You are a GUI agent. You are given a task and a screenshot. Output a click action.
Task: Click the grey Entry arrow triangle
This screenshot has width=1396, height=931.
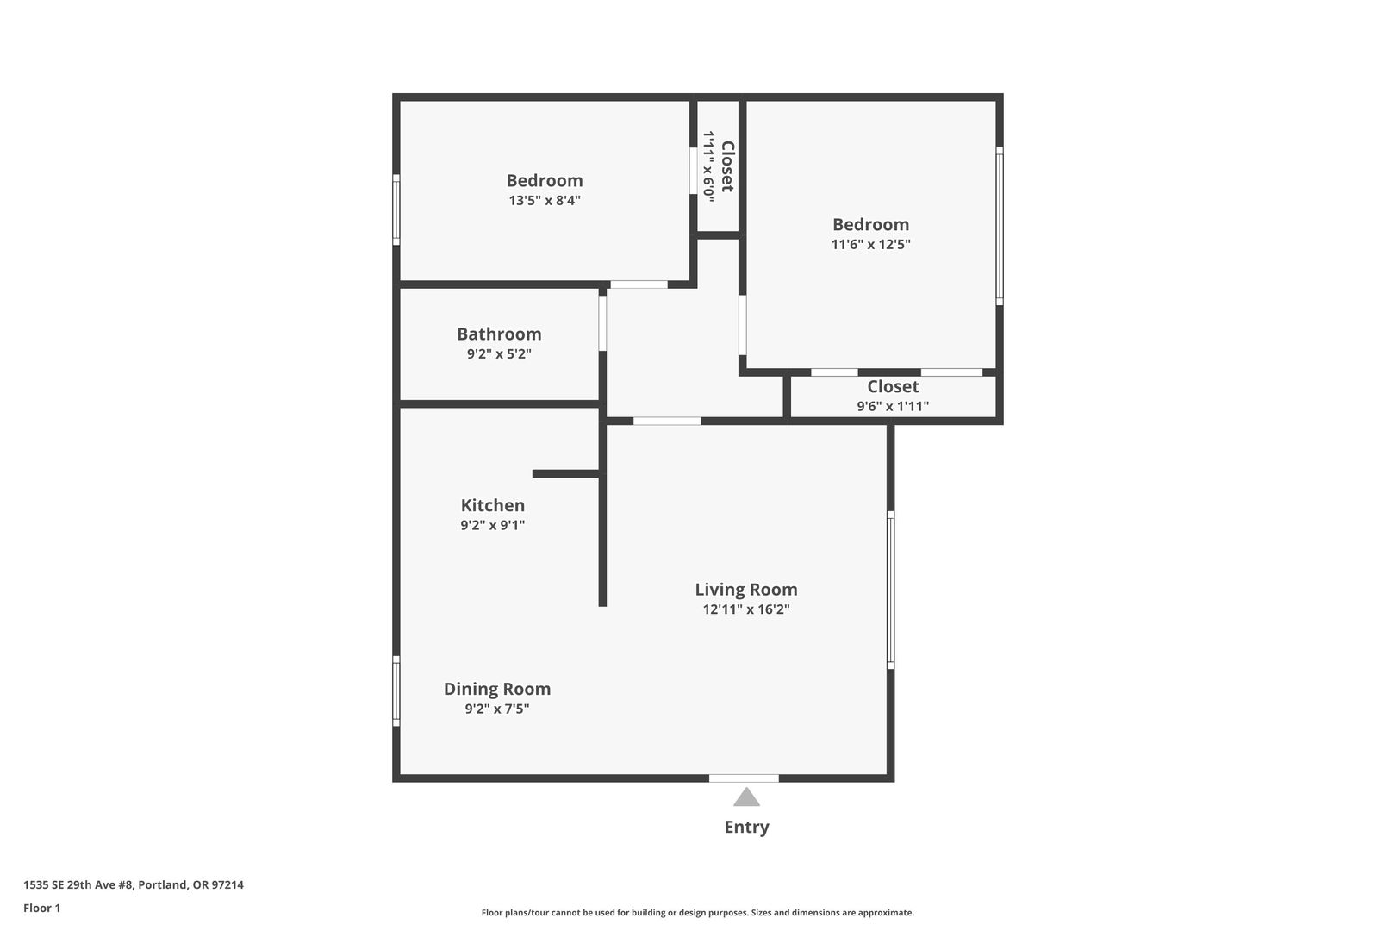pyautogui.click(x=746, y=797)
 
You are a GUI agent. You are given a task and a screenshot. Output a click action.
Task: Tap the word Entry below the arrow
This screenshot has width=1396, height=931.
pyautogui.click(x=746, y=827)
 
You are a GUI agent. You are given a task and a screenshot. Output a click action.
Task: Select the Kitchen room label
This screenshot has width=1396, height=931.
pyautogui.click(x=492, y=505)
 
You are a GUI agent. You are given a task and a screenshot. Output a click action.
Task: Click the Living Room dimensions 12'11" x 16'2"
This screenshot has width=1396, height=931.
pyautogui.click(x=746, y=609)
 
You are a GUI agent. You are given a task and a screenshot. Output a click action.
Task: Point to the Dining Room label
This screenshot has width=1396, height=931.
pyautogui.click(x=496, y=689)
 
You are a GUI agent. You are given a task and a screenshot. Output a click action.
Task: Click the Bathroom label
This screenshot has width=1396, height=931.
pyautogui.click(x=499, y=334)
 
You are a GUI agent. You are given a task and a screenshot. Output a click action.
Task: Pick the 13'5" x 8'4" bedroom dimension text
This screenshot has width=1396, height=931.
pyautogui.click(x=545, y=200)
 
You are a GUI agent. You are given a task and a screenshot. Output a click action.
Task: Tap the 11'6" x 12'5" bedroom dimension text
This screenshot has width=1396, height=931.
pyautogui.click(x=870, y=244)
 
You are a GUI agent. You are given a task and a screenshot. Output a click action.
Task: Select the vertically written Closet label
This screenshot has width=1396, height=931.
pyautogui.click(x=727, y=166)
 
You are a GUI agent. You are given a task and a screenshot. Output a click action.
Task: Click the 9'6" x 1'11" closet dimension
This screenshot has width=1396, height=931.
pyautogui.click(x=893, y=406)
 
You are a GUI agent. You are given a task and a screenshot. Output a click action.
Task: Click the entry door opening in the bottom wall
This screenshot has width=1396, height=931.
pyautogui.click(x=745, y=778)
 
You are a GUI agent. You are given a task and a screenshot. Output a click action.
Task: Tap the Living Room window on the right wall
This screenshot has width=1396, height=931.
pyautogui.click(x=890, y=590)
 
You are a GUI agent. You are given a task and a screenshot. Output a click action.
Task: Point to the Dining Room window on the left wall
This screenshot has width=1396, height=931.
pyautogui.click(x=396, y=691)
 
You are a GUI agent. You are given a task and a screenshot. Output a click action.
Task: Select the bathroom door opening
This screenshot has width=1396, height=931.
pyautogui.click(x=602, y=323)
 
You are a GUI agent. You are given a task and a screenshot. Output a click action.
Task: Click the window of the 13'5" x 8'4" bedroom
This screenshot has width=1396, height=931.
pyautogui.click(x=396, y=209)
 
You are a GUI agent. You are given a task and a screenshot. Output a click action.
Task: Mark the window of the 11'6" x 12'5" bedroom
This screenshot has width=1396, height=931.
pyautogui.click(x=1000, y=226)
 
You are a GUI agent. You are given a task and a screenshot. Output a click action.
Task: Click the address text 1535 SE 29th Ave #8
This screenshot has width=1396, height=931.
pyautogui.click(x=78, y=884)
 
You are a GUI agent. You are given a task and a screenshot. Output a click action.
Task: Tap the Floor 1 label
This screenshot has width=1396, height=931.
pyautogui.click(x=41, y=908)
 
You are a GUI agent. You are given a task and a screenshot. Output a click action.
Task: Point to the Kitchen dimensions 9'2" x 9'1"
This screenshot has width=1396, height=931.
pyautogui.click(x=492, y=525)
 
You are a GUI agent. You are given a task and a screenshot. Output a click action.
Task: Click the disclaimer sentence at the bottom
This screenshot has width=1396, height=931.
pyautogui.click(x=697, y=913)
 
